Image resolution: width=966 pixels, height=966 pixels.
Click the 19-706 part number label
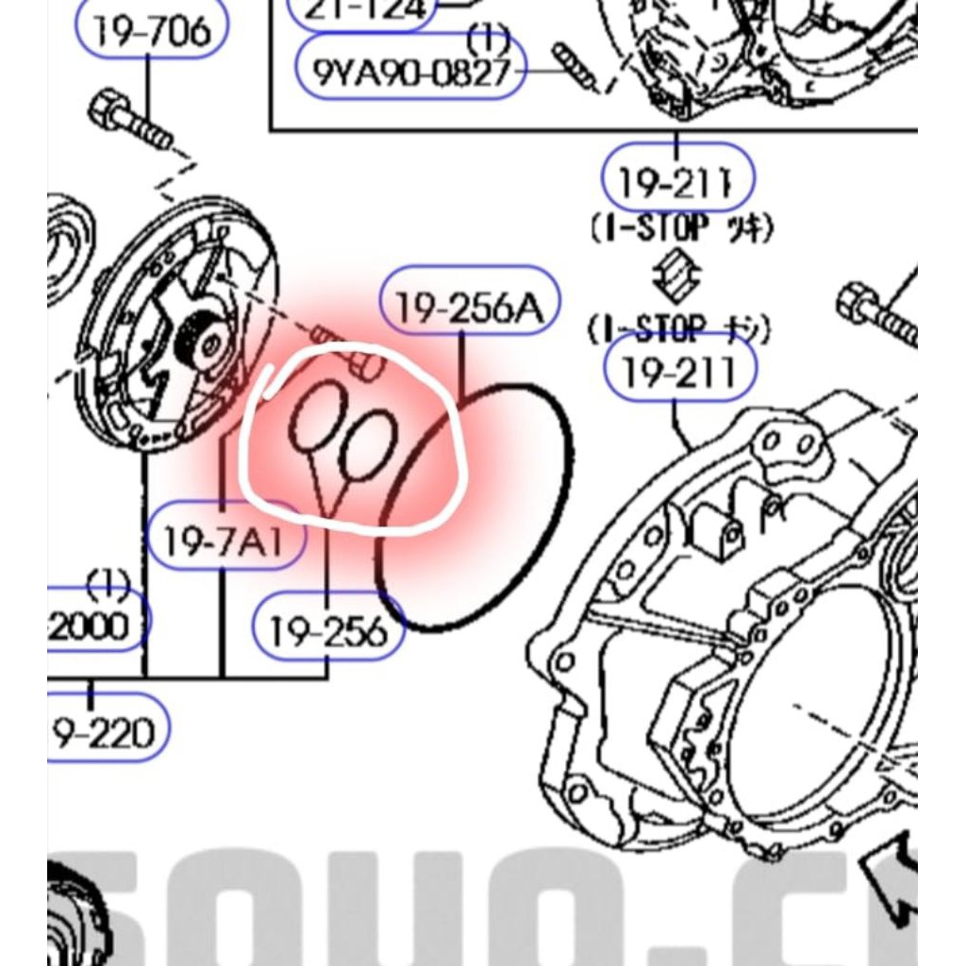tap(152, 31)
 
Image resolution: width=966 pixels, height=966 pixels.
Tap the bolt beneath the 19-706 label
tap(130, 121)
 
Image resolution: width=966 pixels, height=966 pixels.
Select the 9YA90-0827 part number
tap(411, 72)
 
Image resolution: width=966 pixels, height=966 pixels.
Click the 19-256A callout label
tap(470, 308)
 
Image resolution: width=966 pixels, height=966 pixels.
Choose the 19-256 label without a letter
tap(328, 632)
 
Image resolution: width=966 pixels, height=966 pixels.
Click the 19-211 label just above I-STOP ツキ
tap(677, 179)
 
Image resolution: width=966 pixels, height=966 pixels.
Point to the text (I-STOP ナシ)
tap(679, 329)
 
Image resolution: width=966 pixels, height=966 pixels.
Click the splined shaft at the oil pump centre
tap(199, 338)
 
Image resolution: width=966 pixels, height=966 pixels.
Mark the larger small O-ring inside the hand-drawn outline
tap(318, 417)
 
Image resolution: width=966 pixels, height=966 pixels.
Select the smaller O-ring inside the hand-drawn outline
tap(368, 445)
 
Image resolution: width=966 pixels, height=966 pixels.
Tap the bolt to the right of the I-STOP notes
tap(878, 314)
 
